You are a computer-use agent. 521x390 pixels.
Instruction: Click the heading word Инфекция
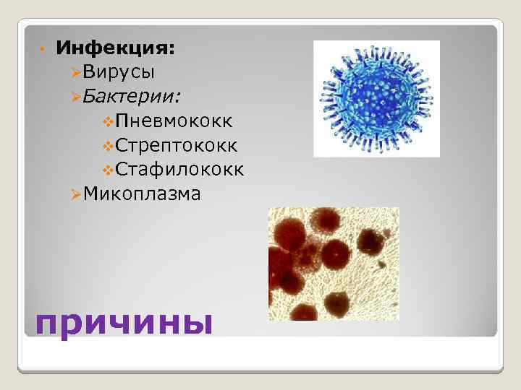coord(115,48)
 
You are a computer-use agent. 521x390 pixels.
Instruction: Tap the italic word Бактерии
coord(132,96)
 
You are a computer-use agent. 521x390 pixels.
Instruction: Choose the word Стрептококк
coord(177,145)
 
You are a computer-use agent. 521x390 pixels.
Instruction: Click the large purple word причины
coord(124,321)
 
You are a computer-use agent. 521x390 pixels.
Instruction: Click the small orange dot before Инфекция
coord(43,50)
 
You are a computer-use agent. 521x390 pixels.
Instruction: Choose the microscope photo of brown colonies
coord(334,264)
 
